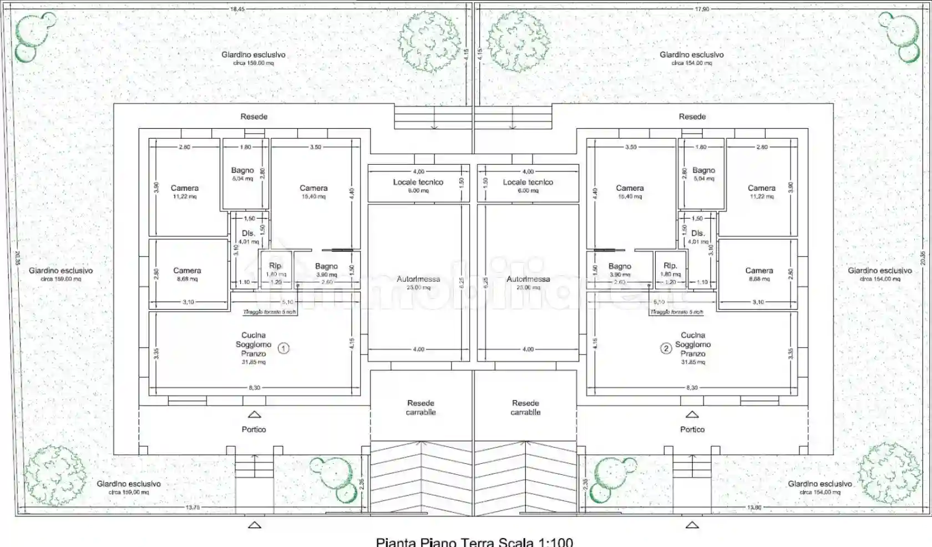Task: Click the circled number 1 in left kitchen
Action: click(283, 348)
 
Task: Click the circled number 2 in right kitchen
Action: click(666, 348)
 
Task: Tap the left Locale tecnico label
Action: click(418, 183)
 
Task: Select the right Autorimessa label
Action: click(528, 280)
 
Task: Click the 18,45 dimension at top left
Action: click(237, 9)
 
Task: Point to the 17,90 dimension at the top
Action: click(702, 9)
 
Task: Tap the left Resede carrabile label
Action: click(421, 408)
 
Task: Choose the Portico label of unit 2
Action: click(692, 429)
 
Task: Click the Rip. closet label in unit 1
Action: click(275, 266)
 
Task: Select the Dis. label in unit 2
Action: click(697, 234)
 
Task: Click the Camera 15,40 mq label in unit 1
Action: click(313, 189)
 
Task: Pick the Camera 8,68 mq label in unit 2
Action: click(758, 271)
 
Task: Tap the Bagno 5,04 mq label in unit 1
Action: click(242, 171)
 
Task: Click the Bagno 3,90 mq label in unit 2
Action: click(620, 267)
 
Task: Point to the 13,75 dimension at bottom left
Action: click(193, 507)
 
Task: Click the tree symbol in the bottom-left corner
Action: click(54, 476)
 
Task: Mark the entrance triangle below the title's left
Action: click(254, 524)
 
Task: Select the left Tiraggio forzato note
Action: click(270, 312)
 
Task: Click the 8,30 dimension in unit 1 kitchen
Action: click(254, 388)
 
